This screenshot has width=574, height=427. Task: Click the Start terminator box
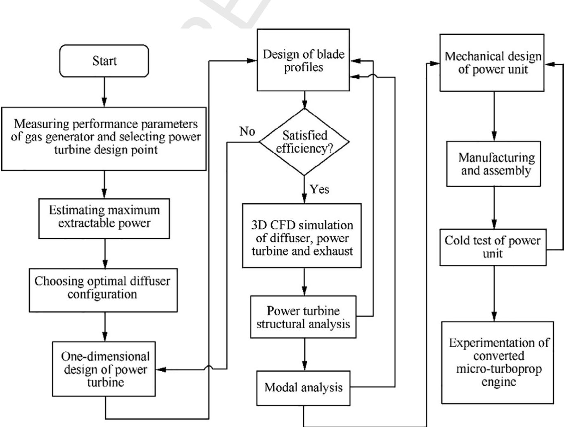pyautogui.click(x=104, y=61)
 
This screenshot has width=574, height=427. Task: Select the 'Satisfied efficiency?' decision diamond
pyautogui.click(x=304, y=142)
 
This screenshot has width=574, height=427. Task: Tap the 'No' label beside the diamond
pyautogui.click(x=247, y=131)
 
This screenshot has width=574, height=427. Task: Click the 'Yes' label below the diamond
pyautogui.click(x=319, y=189)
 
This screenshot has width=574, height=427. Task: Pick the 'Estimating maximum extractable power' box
pyautogui.click(x=104, y=217)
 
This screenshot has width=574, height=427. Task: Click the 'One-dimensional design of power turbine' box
pyautogui.click(x=104, y=369)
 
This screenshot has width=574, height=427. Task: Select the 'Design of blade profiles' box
pyautogui.click(x=304, y=60)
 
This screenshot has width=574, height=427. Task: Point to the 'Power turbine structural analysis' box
pyautogui.click(x=303, y=317)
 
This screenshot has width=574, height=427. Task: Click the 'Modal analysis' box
pyautogui.click(x=304, y=388)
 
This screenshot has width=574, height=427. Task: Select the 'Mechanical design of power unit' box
pyautogui.click(x=491, y=63)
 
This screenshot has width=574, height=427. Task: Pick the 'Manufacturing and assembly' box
pyautogui.click(x=494, y=164)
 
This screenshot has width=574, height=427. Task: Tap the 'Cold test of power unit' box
pyautogui.click(x=493, y=247)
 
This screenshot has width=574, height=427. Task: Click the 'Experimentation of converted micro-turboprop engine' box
pyautogui.click(x=498, y=362)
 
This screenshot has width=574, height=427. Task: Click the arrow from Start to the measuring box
pyautogui.click(x=104, y=92)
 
